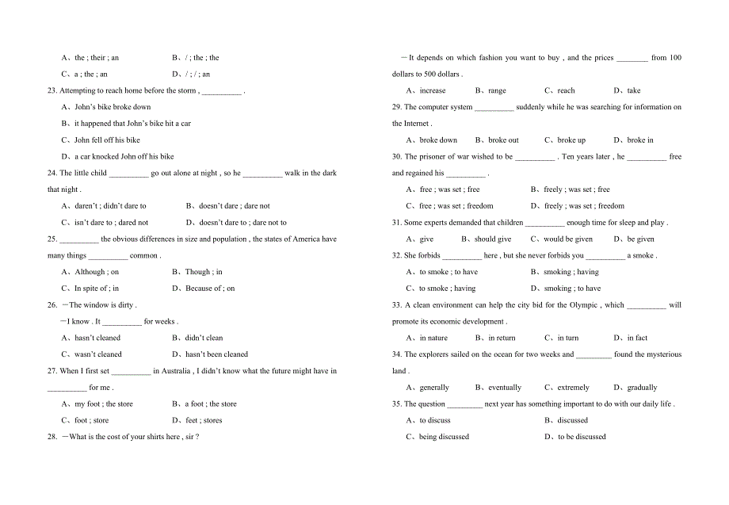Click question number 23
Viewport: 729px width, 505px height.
point(52,90)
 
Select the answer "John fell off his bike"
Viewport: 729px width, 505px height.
point(107,140)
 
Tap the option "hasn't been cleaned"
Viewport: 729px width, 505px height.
point(216,354)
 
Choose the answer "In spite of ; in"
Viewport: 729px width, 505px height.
point(97,289)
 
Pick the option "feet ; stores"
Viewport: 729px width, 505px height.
point(204,420)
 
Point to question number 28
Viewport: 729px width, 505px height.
point(52,437)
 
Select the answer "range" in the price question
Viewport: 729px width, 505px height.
point(497,90)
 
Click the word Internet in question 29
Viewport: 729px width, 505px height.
point(417,124)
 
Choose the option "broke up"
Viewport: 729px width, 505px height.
point(571,140)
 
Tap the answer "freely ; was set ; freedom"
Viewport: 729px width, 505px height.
point(584,206)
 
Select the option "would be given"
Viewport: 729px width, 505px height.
point(568,239)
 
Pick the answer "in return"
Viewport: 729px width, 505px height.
point(502,338)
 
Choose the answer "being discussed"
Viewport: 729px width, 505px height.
point(444,437)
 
